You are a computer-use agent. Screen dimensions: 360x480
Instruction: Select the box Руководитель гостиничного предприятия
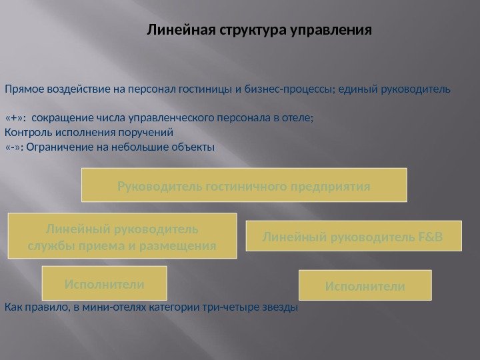(x=244, y=185)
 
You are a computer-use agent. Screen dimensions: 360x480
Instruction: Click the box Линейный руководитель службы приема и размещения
(x=122, y=236)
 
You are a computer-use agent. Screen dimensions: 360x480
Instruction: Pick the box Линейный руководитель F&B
(x=353, y=236)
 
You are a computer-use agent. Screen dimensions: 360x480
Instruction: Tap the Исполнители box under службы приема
(x=104, y=283)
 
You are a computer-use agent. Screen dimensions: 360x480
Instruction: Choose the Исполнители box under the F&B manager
(x=365, y=285)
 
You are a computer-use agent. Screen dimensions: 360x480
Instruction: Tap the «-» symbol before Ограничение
(x=13, y=147)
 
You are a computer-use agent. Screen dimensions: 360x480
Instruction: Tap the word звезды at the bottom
(x=281, y=308)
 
